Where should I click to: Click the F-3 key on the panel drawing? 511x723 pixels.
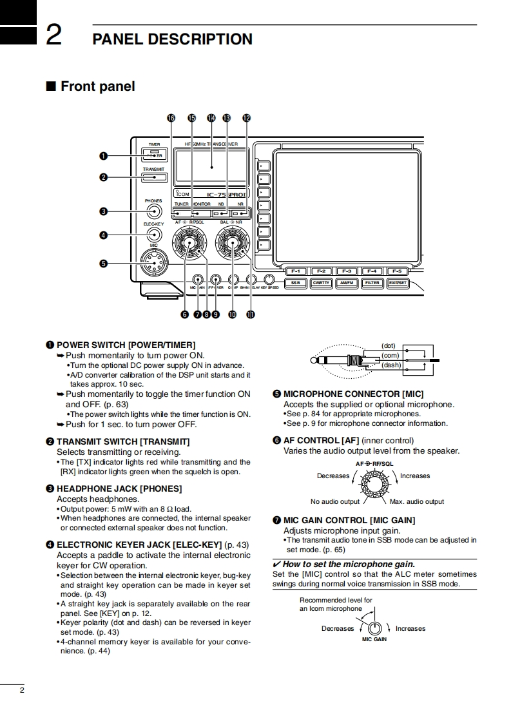tap(347, 271)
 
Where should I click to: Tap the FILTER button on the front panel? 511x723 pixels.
tap(372, 282)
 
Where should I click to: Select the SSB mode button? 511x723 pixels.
tap(295, 282)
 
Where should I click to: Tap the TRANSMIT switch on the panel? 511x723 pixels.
tap(155, 177)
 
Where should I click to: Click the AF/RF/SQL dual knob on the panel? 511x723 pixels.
tap(188, 244)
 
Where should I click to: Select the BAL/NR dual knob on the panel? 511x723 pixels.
tap(231, 244)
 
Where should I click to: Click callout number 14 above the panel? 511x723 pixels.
tap(211, 118)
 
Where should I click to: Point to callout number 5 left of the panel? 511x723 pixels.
tap(103, 263)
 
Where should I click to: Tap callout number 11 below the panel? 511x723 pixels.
tap(250, 314)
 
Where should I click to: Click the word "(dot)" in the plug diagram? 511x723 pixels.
tap(389, 346)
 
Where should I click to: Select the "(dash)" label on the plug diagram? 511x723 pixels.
tap(391, 365)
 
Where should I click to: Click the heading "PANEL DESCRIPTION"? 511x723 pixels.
tap(172, 39)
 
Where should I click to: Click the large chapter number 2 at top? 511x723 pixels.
tap(53, 35)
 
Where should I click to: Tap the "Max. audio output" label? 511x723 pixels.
tap(417, 501)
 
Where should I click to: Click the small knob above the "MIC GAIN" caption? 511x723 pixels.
tap(374, 628)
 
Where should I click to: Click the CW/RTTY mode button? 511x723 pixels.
tap(321, 282)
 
